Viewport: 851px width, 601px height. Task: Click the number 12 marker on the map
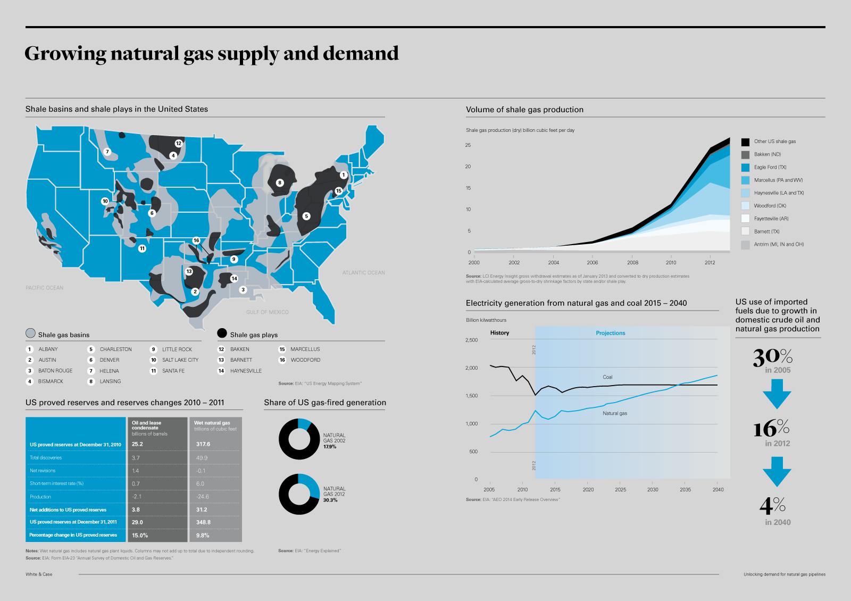(x=179, y=143)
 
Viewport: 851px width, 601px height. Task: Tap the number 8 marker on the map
(x=280, y=183)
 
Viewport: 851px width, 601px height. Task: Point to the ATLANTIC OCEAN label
(x=363, y=273)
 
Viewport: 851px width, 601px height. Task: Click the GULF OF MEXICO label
(x=267, y=312)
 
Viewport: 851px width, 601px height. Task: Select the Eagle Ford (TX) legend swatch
(x=745, y=168)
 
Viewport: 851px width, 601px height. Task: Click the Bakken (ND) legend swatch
(x=745, y=155)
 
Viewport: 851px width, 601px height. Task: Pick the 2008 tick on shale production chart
(x=632, y=262)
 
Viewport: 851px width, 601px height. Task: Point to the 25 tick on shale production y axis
(x=468, y=145)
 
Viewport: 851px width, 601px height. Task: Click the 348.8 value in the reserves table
(x=203, y=522)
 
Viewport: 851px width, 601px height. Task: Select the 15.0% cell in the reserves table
(x=140, y=536)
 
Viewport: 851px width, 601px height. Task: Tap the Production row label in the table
(x=40, y=497)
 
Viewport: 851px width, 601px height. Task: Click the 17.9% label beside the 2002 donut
(x=330, y=447)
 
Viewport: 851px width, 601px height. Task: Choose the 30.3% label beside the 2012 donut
(x=330, y=500)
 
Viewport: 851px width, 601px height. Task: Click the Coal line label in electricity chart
(x=607, y=377)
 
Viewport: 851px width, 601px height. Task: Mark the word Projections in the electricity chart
(x=610, y=333)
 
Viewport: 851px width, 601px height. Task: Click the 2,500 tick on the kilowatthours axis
(x=471, y=340)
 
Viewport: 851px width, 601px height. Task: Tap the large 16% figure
(x=771, y=429)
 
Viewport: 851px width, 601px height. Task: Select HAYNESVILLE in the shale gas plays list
(x=246, y=371)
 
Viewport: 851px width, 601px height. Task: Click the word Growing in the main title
(x=65, y=54)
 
